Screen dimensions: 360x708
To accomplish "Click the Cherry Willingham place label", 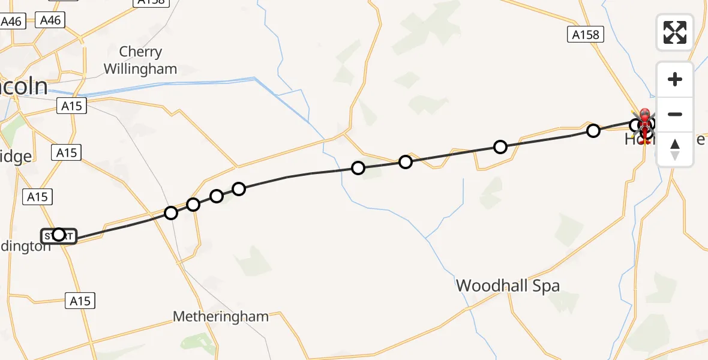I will pyautogui.click(x=140, y=61).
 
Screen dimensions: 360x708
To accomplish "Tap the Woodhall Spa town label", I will pyautogui.click(x=508, y=286).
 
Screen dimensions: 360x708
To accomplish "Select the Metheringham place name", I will pyautogui.click(x=220, y=316).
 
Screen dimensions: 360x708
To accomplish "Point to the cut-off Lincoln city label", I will pyautogui.click(x=23, y=87).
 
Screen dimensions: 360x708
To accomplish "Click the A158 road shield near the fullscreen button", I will pyautogui.click(x=585, y=35).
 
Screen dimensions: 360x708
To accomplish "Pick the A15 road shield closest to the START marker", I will pyautogui.click(x=37, y=196).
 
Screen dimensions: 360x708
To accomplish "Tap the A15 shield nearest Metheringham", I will pyautogui.click(x=80, y=301).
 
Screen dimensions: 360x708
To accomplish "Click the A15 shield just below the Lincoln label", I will pyautogui.click(x=71, y=106).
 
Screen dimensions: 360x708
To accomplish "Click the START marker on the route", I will pyautogui.click(x=59, y=235).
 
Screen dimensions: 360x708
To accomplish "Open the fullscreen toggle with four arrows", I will pyautogui.click(x=675, y=32).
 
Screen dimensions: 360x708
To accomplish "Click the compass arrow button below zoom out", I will pyautogui.click(x=675, y=149).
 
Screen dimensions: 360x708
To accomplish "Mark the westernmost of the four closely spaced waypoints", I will pyautogui.click(x=171, y=213).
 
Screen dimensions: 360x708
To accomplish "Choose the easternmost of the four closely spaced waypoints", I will pyautogui.click(x=239, y=189).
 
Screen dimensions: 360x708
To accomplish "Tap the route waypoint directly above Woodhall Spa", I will pyautogui.click(x=500, y=146).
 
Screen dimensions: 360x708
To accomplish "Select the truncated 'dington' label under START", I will pyautogui.click(x=26, y=246).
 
